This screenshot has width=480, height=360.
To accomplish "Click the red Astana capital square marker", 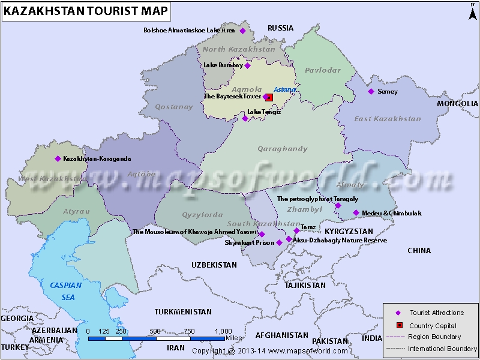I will (269, 97).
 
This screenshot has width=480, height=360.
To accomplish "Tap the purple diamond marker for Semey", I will (371, 91).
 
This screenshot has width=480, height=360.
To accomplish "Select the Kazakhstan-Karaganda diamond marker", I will (58, 158).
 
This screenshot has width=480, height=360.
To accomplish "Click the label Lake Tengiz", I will (263, 112).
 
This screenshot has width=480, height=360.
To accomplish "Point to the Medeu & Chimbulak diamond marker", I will (356, 213).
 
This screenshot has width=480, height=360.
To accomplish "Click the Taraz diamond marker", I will (296, 230).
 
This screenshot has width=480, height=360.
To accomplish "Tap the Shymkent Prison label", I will (250, 243).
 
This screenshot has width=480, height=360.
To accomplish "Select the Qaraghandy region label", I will (282, 149).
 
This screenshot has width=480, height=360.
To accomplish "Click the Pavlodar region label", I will (322, 70).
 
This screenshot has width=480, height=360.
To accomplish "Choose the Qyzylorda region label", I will (202, 214).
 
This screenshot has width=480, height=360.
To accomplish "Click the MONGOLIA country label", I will (457, 103).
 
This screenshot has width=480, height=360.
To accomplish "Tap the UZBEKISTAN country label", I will (214, 265).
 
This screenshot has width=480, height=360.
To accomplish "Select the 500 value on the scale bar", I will (155, 331).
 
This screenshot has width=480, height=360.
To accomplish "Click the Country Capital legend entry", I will (433, 326).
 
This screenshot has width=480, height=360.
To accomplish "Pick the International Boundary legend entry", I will (442, 349).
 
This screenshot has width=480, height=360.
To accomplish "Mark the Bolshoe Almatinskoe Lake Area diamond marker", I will (243, 31).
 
